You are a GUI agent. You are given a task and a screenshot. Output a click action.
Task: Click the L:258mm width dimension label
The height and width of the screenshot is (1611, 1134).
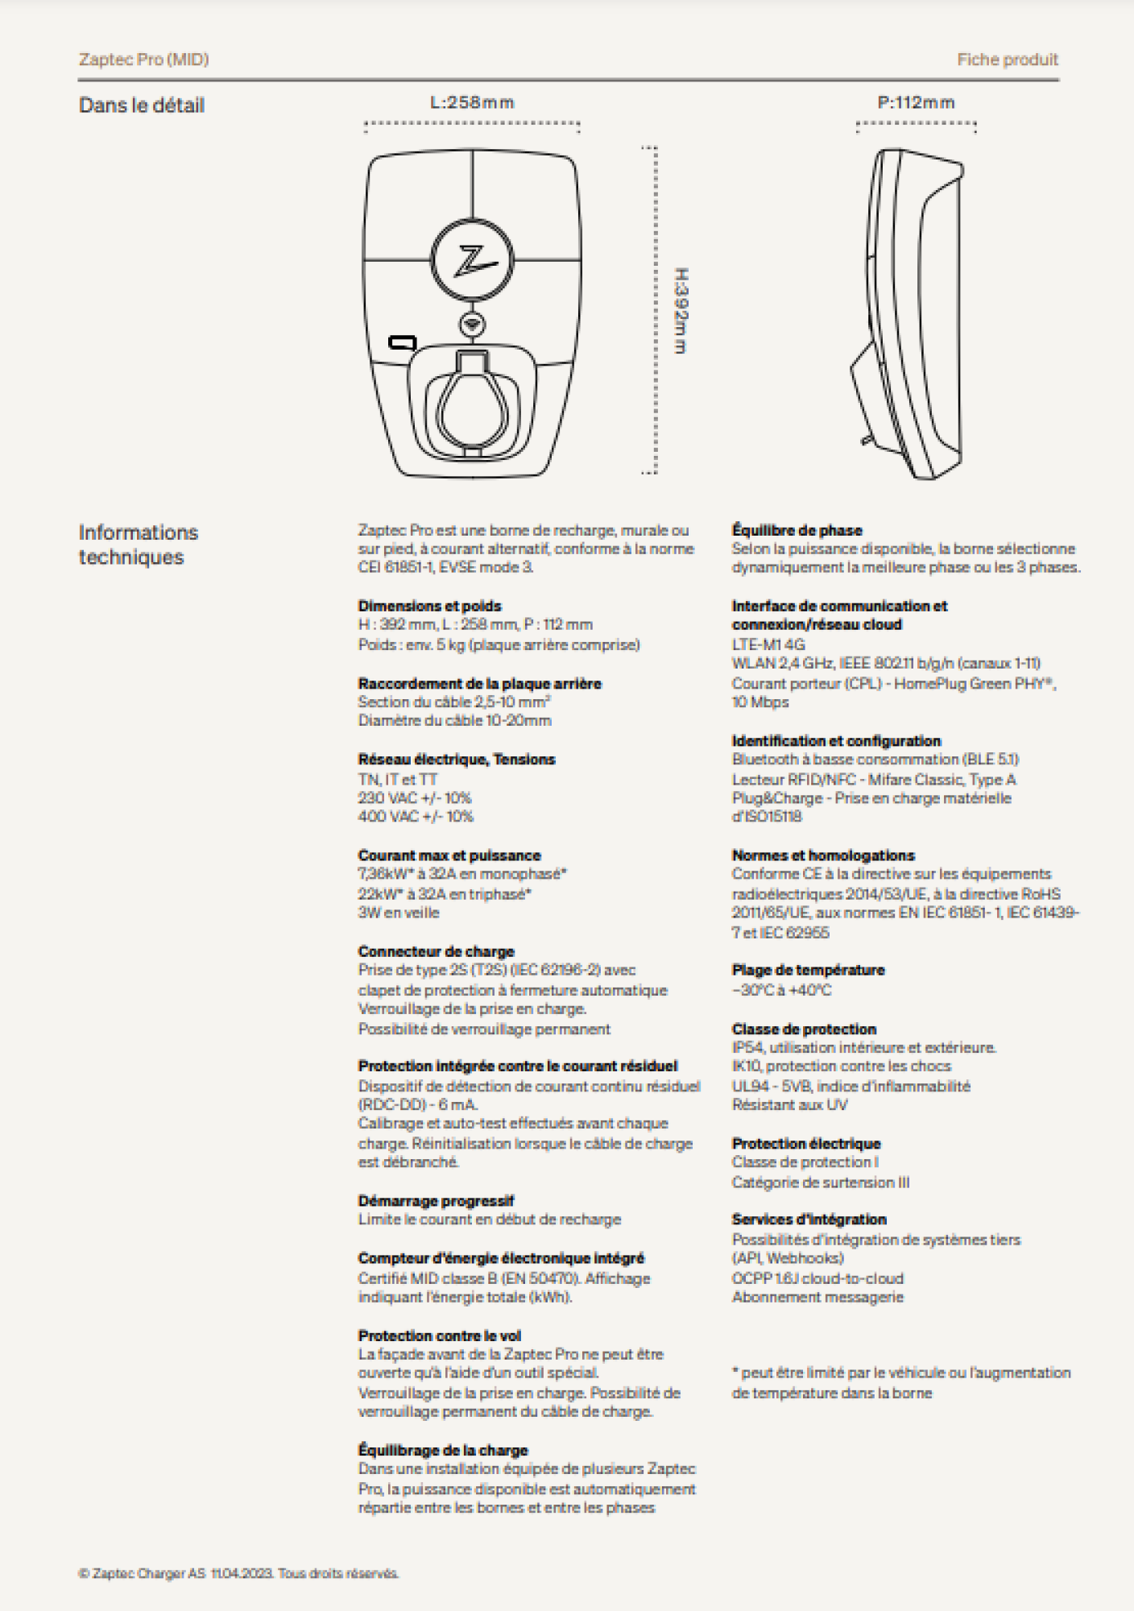pyautogui.click(x=472, y=102)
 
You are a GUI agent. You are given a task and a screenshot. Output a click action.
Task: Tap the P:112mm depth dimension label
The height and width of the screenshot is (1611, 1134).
pyautogui.click(x=916, y=102)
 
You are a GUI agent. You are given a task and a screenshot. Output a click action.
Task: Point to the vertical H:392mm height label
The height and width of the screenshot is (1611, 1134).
pyautogui.click(x=681, y=311)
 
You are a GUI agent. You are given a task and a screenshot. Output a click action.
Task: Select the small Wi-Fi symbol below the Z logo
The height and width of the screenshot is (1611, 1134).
pyautogui.click(x=472, y=325)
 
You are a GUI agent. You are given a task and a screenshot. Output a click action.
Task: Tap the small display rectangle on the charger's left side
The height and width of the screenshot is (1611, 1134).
pyautogui.click(x=402, y=343)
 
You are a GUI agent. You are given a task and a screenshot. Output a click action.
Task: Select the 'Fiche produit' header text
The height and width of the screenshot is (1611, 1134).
pyautogui.click(x=1007, y=60)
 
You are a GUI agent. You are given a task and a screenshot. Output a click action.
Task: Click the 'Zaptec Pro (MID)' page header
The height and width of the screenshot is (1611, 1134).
pyautogui.click(x=143, y=60)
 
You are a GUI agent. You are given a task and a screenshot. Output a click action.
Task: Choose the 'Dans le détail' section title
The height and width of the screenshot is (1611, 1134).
pyautogui.click(x=142, y=106)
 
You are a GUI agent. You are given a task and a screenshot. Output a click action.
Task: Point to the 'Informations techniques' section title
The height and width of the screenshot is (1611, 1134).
pyautogui.click(x=138, y=545)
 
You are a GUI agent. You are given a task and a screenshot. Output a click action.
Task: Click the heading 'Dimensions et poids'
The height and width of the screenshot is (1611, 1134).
pyautogui.click(x=429, y=606)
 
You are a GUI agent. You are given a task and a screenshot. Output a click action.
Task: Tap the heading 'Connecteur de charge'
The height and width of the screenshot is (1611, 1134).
pyautogui.click(x=436, y=951)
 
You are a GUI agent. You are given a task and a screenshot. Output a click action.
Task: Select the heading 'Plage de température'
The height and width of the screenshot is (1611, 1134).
pyautogui.click(x=808, y=970)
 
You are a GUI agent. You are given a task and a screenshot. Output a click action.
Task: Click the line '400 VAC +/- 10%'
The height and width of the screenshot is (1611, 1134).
pyautogui.click(x=416, y=817)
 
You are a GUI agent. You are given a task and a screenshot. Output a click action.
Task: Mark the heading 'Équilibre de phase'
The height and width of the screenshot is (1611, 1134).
pyautogui.click(x=797, y=530)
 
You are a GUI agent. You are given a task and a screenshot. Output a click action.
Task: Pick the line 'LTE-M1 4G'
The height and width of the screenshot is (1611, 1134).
pyautogui.click(x=768, y=644)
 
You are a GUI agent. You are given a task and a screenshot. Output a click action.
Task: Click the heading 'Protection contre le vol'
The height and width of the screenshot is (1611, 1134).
pyautogui.click(x=439, y=1336)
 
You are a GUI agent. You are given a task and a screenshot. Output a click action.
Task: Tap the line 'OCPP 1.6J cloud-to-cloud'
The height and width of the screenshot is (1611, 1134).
pyautogui.click(x=817, y=1278)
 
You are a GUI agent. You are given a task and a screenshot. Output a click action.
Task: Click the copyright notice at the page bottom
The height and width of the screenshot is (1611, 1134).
pyautogui.click(x=238, y=1573)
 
